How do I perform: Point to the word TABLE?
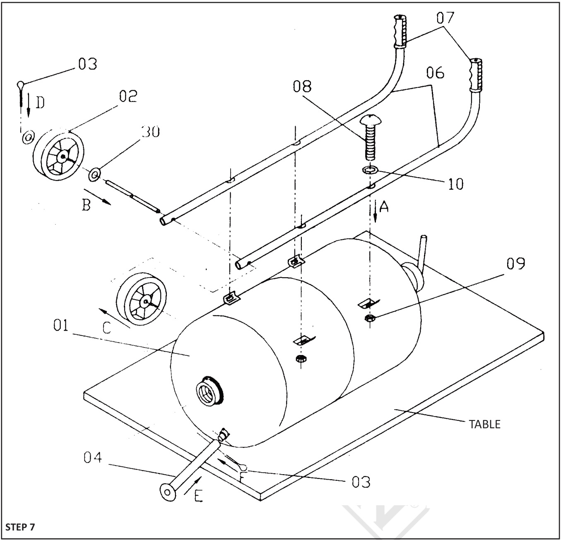(484, 424)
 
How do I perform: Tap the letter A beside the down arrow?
(384, 206)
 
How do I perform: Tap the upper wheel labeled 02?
(58, 156)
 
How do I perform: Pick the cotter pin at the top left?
(20, 93)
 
